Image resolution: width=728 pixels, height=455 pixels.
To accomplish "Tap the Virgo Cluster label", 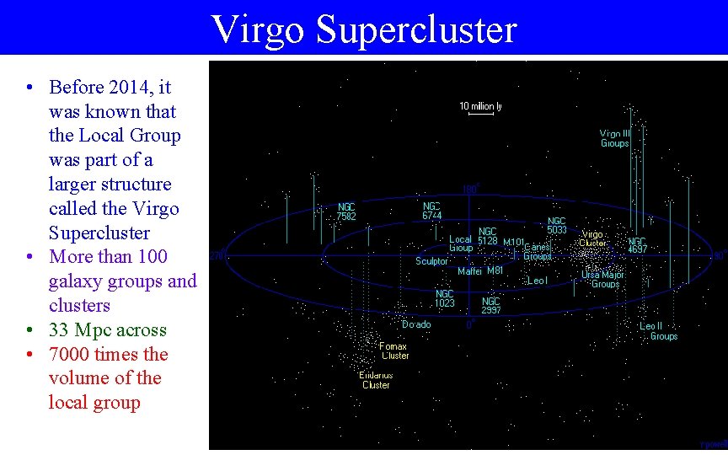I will pyautogui.click(x=591, y=238).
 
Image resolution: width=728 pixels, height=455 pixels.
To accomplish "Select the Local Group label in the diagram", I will pyautogui.click(x=460, y=244).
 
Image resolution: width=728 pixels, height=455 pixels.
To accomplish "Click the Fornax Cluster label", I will pyautogui.click(x=393, y=351).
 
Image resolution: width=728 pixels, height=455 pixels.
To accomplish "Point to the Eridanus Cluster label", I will pyautogui.click(x=376, y=380).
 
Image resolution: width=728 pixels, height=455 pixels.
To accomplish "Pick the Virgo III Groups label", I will pyautogui.click(x=614, y=138).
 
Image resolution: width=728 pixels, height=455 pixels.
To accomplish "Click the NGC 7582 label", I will pyautogui.click(x=346, y=211).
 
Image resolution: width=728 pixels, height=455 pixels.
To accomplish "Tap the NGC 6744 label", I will pyautogui.click(x=431, y=211).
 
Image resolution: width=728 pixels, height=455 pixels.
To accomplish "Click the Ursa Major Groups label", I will pyautogui.click(x=602, y=280).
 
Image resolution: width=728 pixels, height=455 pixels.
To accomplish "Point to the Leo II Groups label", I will pyautogui.click(x=658, y=331).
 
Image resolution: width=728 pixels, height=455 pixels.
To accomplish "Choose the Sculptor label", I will pyautogui.click(x=431, y=261).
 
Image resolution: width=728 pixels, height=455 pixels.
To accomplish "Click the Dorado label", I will pyautogui.click(x=416, y=324).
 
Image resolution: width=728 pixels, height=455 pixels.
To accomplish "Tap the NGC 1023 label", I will pyautogui.click(x=445, y=298).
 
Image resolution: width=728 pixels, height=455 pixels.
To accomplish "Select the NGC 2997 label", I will pyautogui.click(x=491, y=305).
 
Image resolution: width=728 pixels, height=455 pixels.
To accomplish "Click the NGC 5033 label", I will pyautogui.click(x=557, y=225).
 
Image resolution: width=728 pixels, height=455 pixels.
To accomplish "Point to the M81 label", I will pyautogui.click(x=495, y=271).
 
